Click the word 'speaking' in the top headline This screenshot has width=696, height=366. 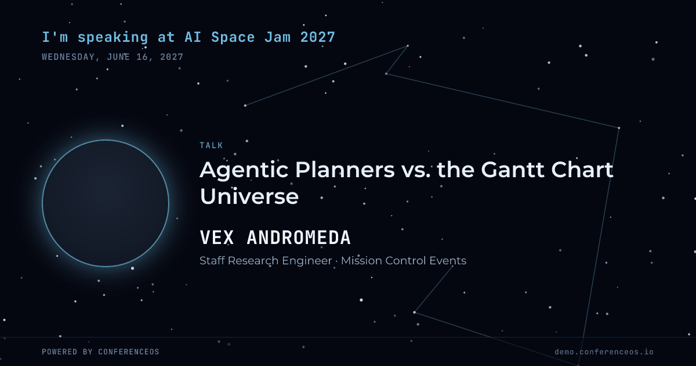(113, 38)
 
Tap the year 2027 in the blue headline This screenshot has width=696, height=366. (318, 37)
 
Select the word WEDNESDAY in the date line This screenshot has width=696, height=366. (68, 57)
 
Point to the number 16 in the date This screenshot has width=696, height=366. (142, 57)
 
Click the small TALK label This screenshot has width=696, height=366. (211, 145)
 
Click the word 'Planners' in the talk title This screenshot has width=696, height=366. (345, 170)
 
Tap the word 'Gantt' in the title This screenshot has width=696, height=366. (513, 170)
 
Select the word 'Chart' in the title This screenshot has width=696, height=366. (582, 170)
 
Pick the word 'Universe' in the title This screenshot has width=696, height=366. (249, 196)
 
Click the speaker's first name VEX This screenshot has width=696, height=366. (216, 238)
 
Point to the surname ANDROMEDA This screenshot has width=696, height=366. (299, 238)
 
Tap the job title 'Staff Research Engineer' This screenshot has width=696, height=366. (266, 261)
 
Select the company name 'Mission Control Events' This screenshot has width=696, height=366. (404, 261)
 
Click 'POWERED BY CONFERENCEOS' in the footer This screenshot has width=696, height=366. (100, 351)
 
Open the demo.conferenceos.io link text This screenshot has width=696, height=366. (604, 351)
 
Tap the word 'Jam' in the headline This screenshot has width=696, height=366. (277, 37)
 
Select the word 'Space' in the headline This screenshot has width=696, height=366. (233, 38)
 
